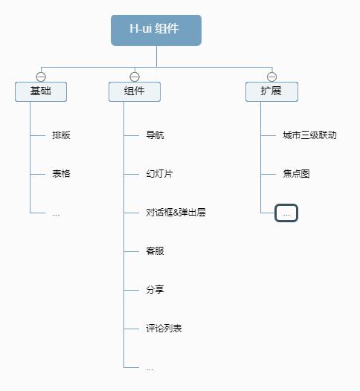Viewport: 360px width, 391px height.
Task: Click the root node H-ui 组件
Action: (x=156, y=30)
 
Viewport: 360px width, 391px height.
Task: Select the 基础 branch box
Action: (x=41, y=91)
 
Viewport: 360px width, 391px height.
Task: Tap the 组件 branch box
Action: (x=135, y=91)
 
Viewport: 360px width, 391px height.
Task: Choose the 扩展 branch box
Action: (x=271, y=91)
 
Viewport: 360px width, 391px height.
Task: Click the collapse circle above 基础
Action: (x=41, y=77)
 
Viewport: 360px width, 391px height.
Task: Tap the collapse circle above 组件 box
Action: (x=135, y=77)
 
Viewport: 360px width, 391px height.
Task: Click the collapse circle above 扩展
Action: (x=271, y=77)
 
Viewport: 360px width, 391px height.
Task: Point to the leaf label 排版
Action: (x=61, y=135)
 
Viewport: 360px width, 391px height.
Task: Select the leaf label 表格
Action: (x=61, y=174)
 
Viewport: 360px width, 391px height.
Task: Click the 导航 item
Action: (x=155, y=135)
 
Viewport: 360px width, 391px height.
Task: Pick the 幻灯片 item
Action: (x=159, y=174)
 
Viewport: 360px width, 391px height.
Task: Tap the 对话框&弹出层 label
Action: (x=176, y=213)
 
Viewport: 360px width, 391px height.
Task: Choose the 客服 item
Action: (x=155, y=251)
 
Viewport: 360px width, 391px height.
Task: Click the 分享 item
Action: (x=155, y=290)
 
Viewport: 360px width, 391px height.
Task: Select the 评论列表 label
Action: (x=164, y=329)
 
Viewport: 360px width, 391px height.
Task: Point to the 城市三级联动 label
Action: (x=309, y=135)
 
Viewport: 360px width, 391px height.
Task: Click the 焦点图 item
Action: (x=296, y=174)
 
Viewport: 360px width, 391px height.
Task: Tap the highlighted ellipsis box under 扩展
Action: (x=286, y=213)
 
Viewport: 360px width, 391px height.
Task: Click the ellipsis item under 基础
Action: (x=56, y=213)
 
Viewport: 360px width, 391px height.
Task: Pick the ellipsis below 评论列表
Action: (x=150, y=368)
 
